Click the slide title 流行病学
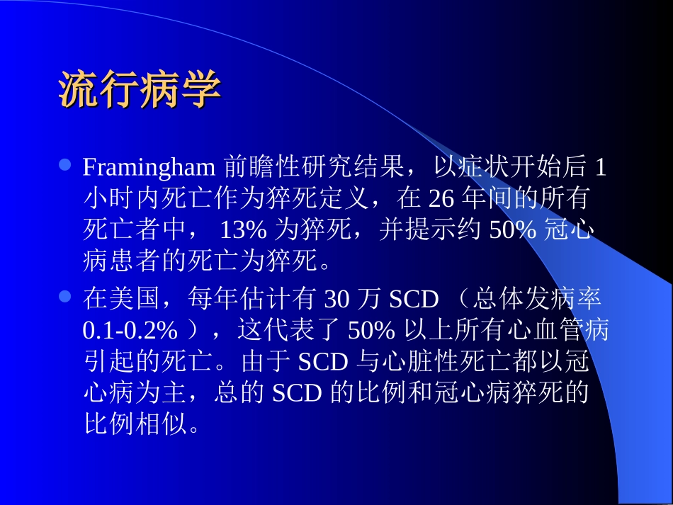click(x=140, y=89)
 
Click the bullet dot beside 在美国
click(x=65, y=298)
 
